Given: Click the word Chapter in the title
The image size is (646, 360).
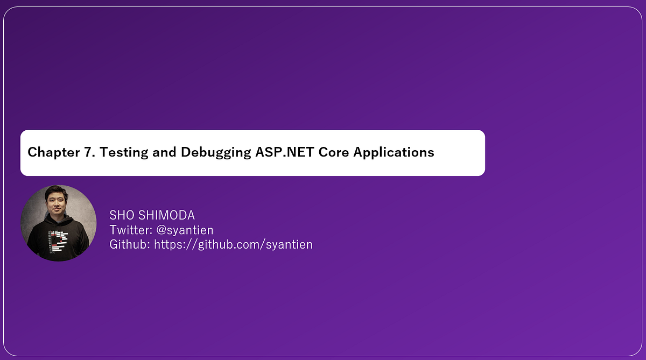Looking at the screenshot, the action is point(54,152).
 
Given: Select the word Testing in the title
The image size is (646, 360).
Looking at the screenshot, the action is point(124,152).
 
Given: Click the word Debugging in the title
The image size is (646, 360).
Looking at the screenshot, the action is point(216,152).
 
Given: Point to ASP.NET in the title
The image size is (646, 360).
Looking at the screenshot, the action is point(284,152).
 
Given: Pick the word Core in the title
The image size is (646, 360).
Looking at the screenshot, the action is point(334,152).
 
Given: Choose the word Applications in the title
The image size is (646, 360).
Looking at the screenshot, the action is point(394,152).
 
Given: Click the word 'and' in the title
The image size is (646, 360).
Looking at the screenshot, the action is point(164,152).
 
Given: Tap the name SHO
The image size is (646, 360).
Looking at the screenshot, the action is point(122,215).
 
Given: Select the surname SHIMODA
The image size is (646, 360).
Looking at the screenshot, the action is point(167,215).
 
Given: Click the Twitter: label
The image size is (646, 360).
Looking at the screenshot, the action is point(131,230).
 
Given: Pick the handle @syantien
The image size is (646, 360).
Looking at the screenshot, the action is point(185,230).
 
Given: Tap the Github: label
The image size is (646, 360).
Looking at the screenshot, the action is point(130,244).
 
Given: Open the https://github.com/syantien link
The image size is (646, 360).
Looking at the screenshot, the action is point(233,245).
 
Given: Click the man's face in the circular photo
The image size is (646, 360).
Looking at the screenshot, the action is point(56,204).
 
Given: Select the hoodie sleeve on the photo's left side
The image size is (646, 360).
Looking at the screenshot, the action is point(33,242).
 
